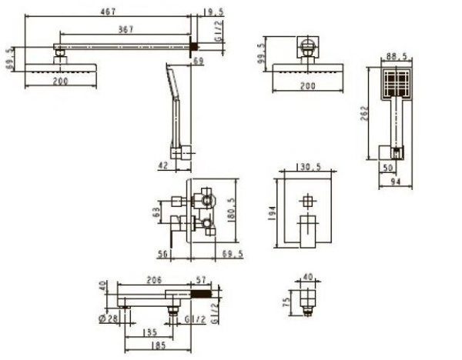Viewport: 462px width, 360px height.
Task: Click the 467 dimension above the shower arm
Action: coord(108,12)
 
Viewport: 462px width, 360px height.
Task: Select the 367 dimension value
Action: coord(126,29)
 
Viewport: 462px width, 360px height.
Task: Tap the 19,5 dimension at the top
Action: coord(213,12)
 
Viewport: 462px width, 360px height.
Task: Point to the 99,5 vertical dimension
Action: coord(261,54)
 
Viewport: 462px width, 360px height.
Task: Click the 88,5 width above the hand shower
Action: coord(397,56)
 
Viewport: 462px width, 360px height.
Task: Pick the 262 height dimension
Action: coord(364,113)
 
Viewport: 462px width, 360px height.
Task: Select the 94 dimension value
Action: coord(396,182)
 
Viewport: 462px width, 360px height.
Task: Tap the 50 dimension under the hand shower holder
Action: coord(388,168)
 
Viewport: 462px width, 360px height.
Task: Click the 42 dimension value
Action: coord(163,165)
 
